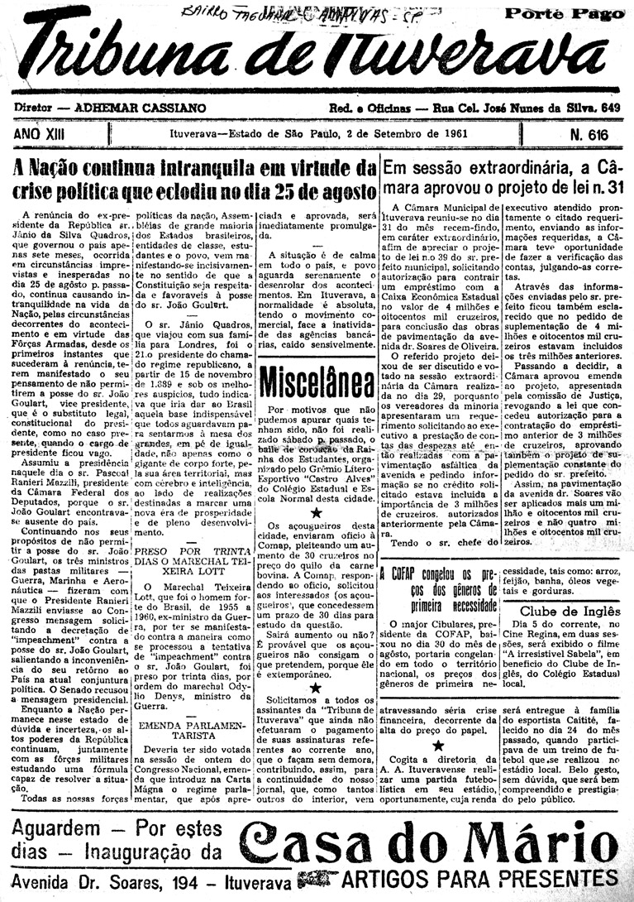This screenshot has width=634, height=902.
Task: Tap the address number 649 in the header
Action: [610, 108]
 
